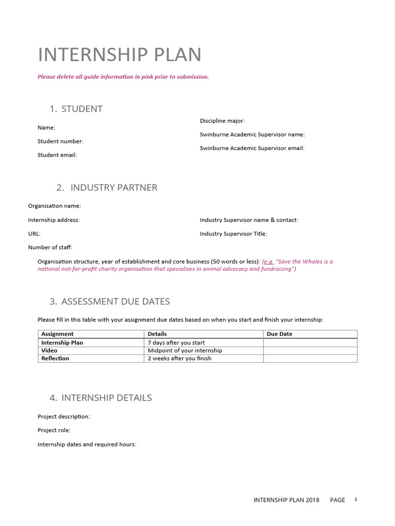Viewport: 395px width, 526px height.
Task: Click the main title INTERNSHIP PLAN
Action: click(x=119, y=54)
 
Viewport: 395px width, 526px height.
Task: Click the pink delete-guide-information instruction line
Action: click(x=123, y=77)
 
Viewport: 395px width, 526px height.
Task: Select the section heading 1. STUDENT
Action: click(x=76, y=108)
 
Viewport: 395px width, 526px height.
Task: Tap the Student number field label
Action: click(x=60, y=141)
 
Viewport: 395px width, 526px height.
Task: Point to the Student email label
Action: click(x=57, y=155)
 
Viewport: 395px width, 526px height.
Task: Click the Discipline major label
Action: click(x=222, y=121)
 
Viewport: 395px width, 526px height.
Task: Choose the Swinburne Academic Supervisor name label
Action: click(x=252, y=135)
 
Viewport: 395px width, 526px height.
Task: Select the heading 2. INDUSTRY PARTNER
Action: click(x=107, y=187)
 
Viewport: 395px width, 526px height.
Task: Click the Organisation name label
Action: click(x=55, y=206)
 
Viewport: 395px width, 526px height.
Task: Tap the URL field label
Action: click(x=34, y=234)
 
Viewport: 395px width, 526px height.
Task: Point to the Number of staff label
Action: click(x=50, y=247)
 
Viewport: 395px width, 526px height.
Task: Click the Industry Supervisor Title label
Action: click(x=234, y=234)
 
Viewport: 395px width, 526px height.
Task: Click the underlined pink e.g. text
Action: click(x=268, y=261)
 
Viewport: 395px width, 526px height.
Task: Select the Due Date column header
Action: click(x=279, y=334)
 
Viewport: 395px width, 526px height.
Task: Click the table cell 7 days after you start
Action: click(x=176, y=343)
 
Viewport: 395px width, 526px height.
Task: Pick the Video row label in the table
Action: click(x=49, y=350)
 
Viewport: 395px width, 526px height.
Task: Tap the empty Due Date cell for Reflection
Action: click(x=310, y=359)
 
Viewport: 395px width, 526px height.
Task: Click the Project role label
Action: click(x=54, y=430)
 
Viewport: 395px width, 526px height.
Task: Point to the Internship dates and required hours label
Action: click(x=87, y=444)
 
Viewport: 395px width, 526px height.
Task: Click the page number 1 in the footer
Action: click(x=355, y=499)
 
